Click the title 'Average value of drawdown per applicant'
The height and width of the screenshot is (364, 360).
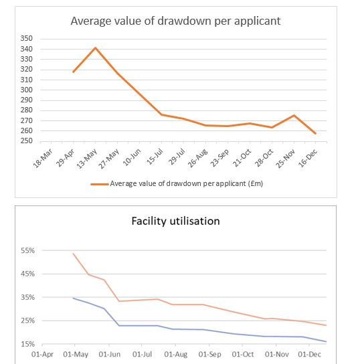[175, 21]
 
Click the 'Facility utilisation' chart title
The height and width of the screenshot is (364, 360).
[175, 221]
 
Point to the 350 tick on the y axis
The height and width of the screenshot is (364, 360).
[27, 38]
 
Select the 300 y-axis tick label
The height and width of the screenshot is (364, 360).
[27, 90]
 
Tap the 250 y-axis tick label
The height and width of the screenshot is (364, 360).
[27, 141]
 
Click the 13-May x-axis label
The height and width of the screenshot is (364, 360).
[87, 158]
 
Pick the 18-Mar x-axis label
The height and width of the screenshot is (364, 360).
[43, 158]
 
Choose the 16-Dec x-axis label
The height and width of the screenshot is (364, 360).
[308, 158]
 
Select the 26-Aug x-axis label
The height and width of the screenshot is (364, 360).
[197, 158]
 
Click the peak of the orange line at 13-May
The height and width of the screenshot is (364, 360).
[95, 48]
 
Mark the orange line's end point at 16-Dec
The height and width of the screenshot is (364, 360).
[315, 133]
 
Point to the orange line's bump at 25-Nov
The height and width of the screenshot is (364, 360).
[294, 115]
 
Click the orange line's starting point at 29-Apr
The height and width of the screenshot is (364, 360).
[74, 72]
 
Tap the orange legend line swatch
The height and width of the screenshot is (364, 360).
[100, 184]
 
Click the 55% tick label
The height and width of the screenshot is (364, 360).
[27, 251]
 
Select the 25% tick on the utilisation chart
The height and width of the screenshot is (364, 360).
[27, 321]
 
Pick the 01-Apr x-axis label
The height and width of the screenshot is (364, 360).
[42, 355]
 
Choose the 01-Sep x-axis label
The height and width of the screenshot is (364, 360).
[210, 355]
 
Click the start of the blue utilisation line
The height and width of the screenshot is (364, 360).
[74, 298]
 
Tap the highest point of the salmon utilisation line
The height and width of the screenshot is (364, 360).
[74, 254]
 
